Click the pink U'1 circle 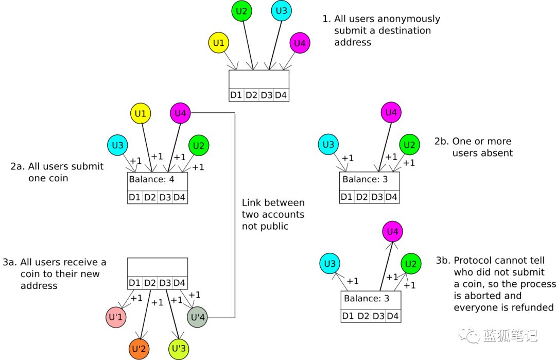(116, 317)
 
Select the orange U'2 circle (139, 349)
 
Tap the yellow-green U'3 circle (179, 349)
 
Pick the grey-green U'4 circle (198, 317)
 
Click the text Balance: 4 (151, 179)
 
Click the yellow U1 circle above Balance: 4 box (141, 113)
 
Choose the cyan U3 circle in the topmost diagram (282, 11)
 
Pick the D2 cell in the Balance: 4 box (150, 197)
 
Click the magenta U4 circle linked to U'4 (181, 113)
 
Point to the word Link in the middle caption (251, 203)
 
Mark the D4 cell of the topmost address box (281, 95)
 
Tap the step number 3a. (10, 263)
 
